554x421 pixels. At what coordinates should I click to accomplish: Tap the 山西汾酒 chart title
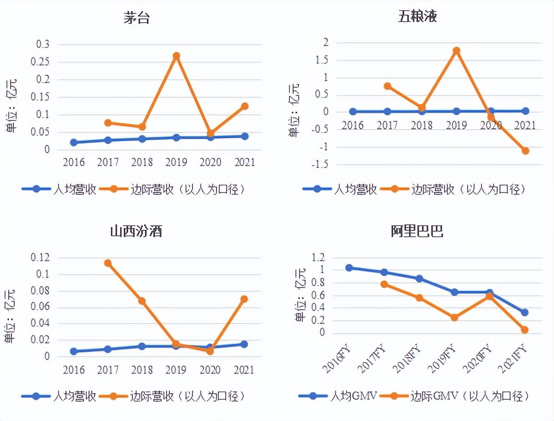point(136,231)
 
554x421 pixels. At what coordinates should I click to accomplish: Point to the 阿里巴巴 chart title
point(417,231)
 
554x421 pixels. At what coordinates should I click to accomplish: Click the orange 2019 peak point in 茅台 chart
point(176,56)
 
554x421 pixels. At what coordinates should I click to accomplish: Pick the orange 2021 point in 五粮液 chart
point(525,151)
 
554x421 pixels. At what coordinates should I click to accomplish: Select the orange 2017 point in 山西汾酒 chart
point(108,263)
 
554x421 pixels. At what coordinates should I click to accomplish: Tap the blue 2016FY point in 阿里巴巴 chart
point(349,268)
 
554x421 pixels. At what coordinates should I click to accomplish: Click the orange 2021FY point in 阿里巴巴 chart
point(524,330)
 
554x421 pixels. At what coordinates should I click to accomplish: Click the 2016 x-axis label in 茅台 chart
point(74,162)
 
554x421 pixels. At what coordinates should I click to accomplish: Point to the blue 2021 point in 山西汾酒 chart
point(244,344)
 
